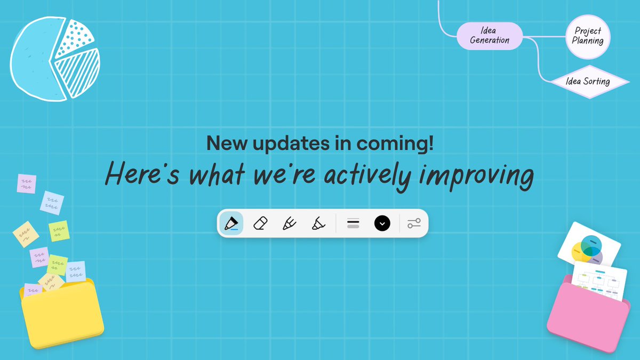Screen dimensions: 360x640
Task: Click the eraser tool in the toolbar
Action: pos(260,223)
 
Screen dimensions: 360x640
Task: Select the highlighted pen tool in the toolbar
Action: pos(230,223)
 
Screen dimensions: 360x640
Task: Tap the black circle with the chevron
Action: pos(382,223)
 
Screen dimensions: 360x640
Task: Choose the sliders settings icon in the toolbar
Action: pos(414,223)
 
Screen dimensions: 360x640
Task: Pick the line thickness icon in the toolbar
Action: pos(353,223)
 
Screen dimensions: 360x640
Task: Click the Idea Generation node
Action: pos(490,36)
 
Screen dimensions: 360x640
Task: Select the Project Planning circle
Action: pos(588,36)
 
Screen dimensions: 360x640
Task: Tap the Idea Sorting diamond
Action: pos(588,82)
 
